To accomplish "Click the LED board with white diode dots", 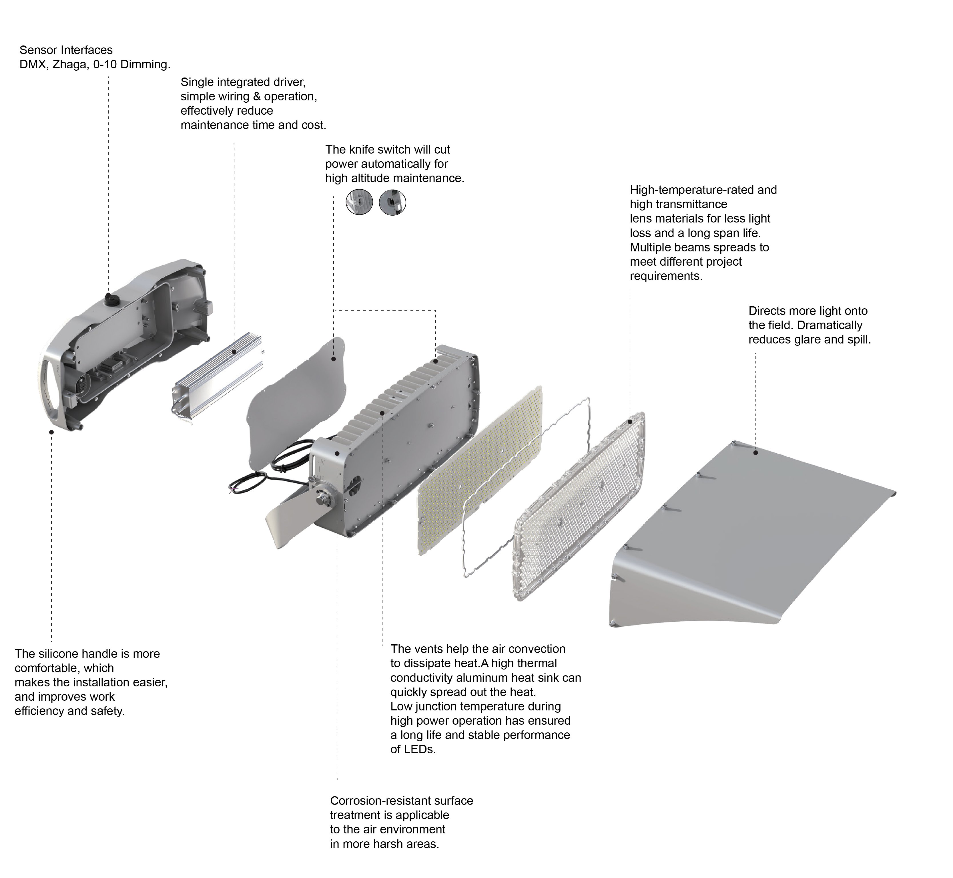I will (x=480, y=470).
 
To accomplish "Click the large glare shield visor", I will (x=750, y=532).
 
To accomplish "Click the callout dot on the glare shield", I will (x=755, y=453).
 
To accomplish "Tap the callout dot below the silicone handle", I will (x=51, y=432).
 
